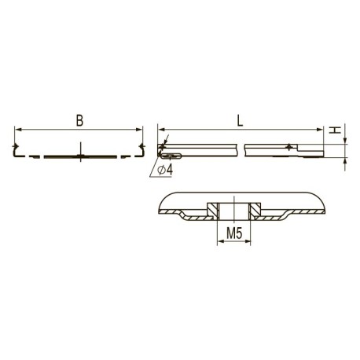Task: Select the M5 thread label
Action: (233, 233)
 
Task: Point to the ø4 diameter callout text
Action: (165, 171)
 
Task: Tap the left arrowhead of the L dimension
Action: (161, 129)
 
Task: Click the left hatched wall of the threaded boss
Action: (213, 209)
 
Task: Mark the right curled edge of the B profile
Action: (142, 149)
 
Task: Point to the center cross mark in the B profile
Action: (81, 155)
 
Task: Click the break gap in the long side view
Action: (241, 149)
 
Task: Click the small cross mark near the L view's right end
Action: (290, 147)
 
